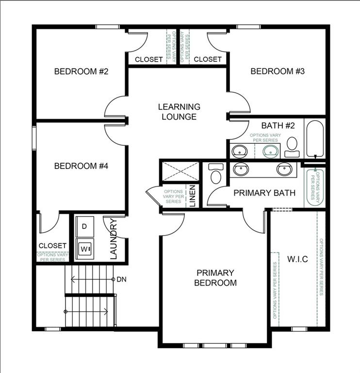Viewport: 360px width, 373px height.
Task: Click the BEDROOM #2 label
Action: coord(81,71)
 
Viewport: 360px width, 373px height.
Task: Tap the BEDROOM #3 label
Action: coord(278,71)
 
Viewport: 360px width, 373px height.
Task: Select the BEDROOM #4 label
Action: coord(81,166)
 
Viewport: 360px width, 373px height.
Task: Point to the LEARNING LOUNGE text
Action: coord(179,112)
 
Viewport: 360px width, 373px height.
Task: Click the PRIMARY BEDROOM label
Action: coord(215,278)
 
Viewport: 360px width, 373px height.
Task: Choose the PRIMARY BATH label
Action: coord(264,193)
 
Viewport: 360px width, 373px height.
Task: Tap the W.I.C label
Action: coord(297,259)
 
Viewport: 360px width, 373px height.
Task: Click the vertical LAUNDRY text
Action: coord(114,239)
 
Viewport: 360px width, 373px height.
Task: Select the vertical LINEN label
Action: coord(192,196)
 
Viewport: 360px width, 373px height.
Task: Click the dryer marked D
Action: coord(85,226)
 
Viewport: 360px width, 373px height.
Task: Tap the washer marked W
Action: coord(86,247)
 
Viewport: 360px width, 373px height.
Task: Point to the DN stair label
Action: coord(121,280)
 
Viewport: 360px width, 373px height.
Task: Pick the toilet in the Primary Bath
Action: coord(215,173)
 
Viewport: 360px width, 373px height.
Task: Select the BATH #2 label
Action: coord(278,126)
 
